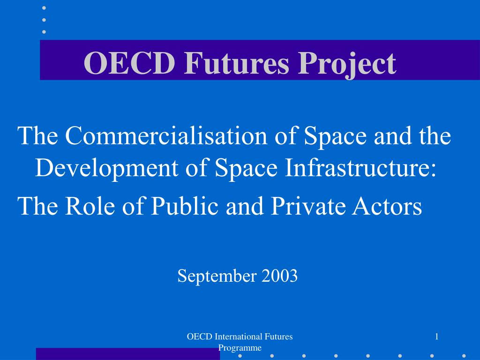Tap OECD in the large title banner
pos(129,63)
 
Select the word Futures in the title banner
pos(237,63)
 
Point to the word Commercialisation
pos(166,135)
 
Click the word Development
pos(107,168)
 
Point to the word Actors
pos(387,206)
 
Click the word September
pos(217,276)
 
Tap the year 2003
pos(279,276)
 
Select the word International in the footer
pos(239,337)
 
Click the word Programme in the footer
pos(240,348)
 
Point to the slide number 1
pos(437,337)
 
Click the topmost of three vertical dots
pos(44,8)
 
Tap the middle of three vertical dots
pos(44,20)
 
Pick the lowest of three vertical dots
pos(44,32)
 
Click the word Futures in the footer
pos(278,337)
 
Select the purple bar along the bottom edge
pos(128,354)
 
